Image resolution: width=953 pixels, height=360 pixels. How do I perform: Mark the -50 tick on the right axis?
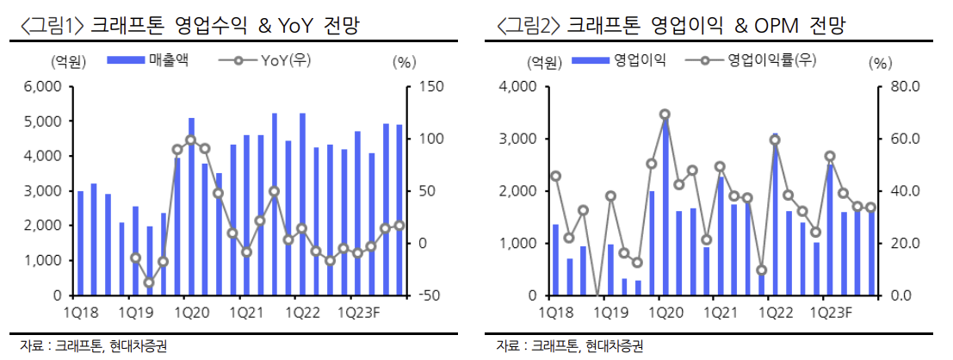430,295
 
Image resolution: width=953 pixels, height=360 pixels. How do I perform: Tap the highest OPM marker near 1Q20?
665,114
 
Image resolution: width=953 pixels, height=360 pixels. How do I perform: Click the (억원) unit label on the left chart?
61,62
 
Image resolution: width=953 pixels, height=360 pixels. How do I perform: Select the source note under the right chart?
570,346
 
